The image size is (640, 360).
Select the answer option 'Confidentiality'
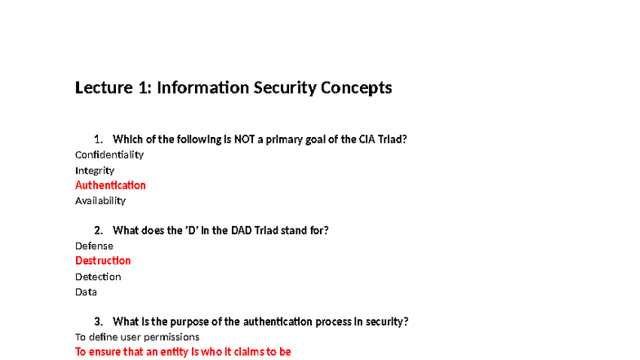(x=109, y=154)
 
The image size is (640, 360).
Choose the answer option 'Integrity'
(x=95, y=170)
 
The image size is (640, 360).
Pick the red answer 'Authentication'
(x=110, y=185)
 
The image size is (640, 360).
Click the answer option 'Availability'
(x=100, y=200)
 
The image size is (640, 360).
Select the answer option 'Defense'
(x=94, y=246)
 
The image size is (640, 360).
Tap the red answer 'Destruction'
(x=103, y=260)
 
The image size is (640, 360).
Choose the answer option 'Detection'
(x=98, y=277)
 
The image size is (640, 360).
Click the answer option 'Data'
(x=86, y=291)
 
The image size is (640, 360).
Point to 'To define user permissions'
(x=137, y=336)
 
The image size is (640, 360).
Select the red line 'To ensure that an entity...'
(x=183, y=352)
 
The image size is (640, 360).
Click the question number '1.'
(x=99, y=139)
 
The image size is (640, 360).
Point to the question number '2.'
(x=99, y=230)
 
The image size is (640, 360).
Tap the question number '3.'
(x=99, y=322)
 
